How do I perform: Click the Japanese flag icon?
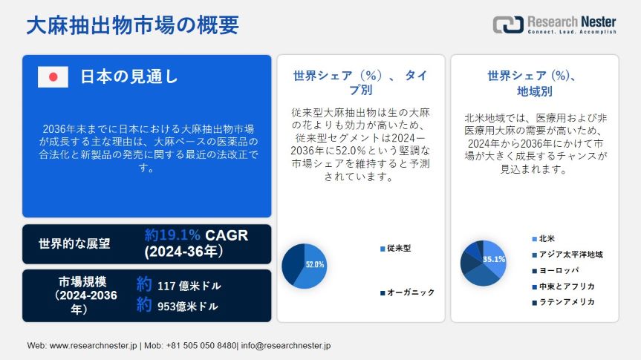point(53,76)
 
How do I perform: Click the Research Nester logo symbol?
point(508,24)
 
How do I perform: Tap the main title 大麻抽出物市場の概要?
point(133,25)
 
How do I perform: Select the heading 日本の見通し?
point(129,76)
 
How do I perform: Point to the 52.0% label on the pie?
point(315,265)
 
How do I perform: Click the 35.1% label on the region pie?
point(494,259)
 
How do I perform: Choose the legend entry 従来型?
point(395,248)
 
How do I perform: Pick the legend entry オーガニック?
point(407,292)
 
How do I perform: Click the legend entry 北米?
point(543,238)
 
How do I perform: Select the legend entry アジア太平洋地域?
point(567,255)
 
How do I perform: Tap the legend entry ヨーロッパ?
point(556,270)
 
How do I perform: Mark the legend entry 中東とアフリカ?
point(563,287)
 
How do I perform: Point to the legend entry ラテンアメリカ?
point(563,302)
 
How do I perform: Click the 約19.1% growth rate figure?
point(172,235)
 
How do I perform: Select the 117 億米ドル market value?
point(189,286)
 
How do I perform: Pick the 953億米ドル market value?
point(188,306)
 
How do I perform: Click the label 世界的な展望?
point(74,244)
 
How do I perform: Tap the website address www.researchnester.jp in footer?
point(93,346)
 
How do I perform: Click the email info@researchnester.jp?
point(286,346)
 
